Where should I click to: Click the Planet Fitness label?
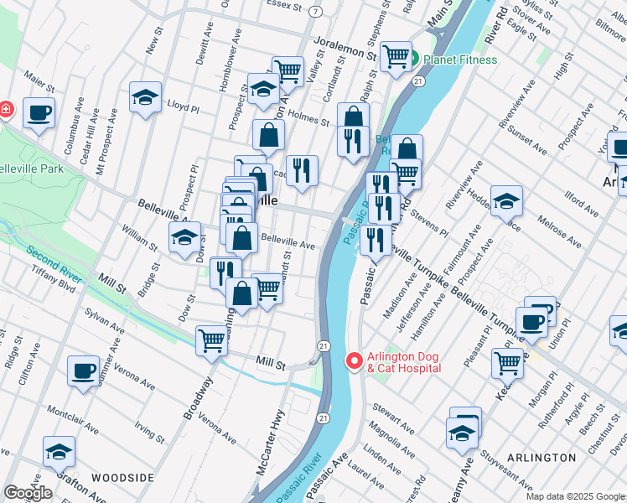[460, 60]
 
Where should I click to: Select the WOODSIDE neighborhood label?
[122, 478]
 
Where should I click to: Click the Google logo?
[28, 493]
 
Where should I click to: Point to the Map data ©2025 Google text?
[575, 496]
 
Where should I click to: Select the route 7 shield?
[315, 11]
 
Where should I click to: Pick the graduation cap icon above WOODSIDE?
[59, 453]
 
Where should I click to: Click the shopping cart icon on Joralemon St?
[396, 57]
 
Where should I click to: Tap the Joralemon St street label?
[345, 46]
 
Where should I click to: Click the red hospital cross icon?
[5, 109]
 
